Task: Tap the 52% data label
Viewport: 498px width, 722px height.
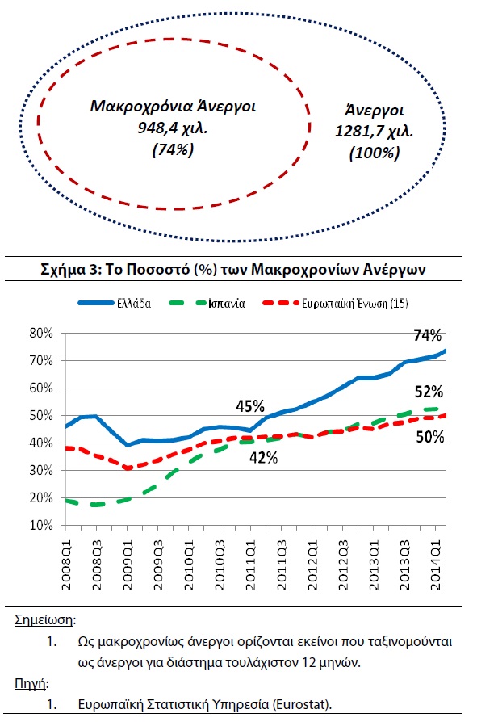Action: pos(429,392)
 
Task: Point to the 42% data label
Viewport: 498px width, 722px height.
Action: pos(263,458)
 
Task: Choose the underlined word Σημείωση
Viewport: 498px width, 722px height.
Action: pos(44,620)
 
